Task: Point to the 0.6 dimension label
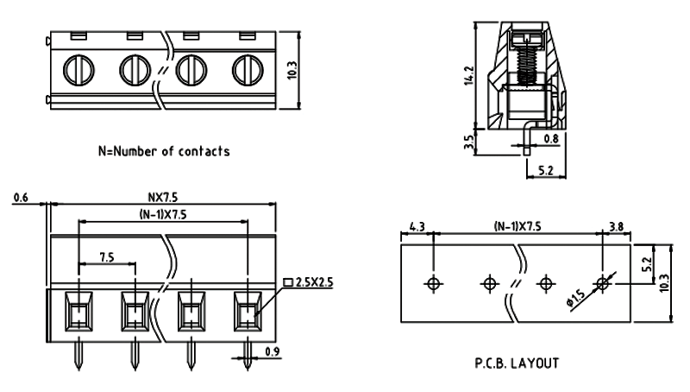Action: coord(22,199)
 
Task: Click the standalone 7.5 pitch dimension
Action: coord(107,256)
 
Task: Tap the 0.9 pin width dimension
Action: coord(272,351)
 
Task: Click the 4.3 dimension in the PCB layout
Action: coord(417,226)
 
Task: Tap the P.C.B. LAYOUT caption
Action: coord(516,363)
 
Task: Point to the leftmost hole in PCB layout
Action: coord(433,282)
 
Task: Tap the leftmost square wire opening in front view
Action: coord(78,312)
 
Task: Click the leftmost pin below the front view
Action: coord(78,353)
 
